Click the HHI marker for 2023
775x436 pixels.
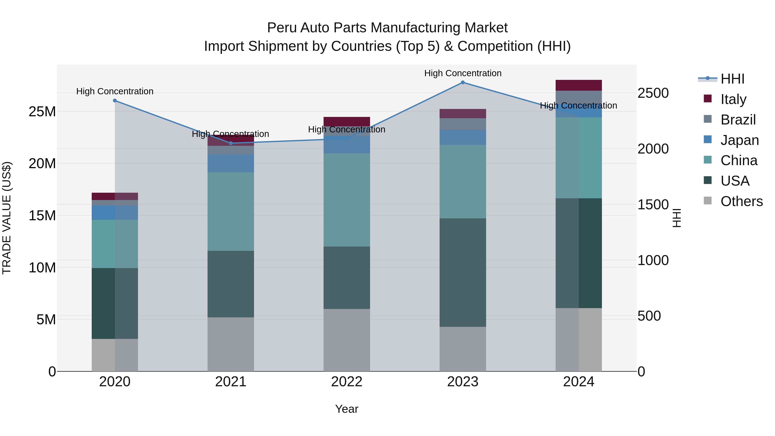pos(463,82)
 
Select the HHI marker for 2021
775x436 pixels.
pos(231,143)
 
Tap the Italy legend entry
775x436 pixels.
pos(733,99)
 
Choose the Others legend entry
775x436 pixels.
pos(741,201)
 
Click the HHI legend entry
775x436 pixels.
pos(732,79)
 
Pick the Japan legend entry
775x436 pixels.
pos(739,140)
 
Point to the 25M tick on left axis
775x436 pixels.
pos(42,112)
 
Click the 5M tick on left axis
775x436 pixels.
pos(46,320)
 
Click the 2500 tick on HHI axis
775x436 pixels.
pos(653,93)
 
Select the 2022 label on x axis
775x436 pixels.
pos(347,382)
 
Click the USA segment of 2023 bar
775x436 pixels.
pos(463,272)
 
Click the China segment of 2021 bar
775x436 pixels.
pos(231,211)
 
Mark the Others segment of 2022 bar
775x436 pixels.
pos(347,340)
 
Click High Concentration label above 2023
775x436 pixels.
pos(463,73)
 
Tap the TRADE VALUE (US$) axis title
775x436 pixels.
pos(7,218)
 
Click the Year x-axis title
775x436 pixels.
pos(347,409)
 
